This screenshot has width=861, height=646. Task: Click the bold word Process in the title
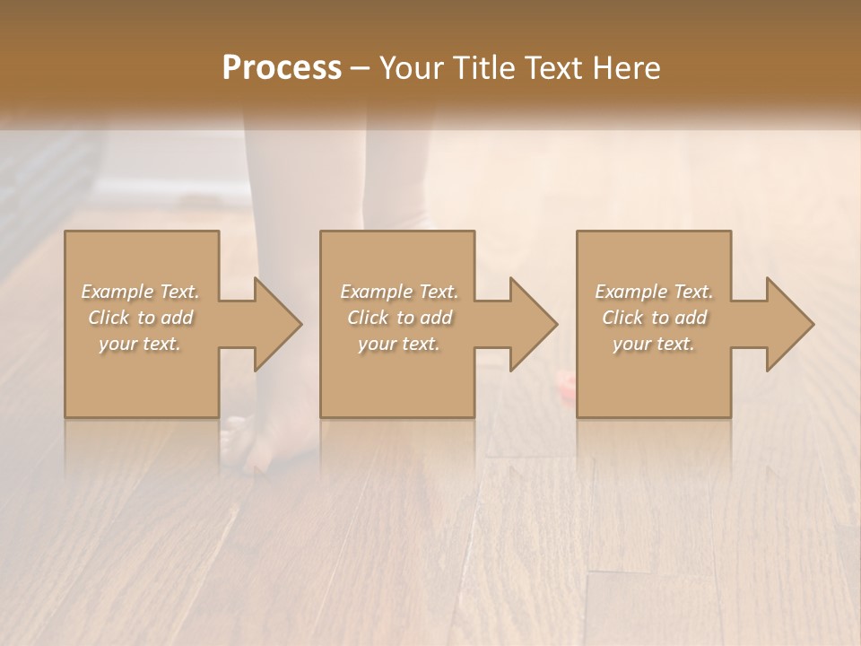[x=282, y=68]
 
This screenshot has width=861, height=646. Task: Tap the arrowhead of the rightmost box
[x=790, y=324]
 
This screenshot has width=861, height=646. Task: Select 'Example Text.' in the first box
[x=140, y=292]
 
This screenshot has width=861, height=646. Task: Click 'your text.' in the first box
[x=140, y=344]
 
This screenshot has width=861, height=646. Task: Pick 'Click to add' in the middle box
[x=399, y=318]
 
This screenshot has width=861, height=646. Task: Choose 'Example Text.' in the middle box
[x=399, y=292]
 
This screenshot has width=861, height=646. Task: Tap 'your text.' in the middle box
[x=399, y=344]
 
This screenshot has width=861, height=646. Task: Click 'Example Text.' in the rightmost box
[x=654, y=292]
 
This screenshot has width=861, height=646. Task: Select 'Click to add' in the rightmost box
[x=654, y=318]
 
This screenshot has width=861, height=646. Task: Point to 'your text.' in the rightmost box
[x=654, y=344]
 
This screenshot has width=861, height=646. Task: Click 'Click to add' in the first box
[x=140, y=318]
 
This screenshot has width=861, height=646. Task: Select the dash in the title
[x=360, y=68]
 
